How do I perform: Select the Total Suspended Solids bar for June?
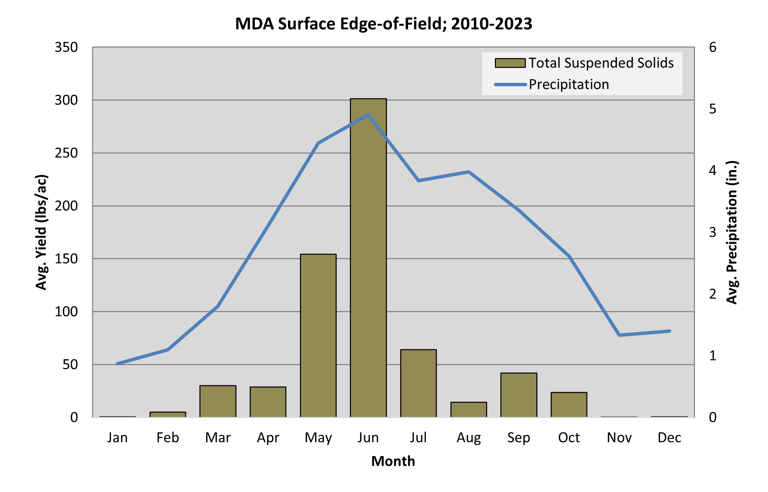click(x=368, y=258)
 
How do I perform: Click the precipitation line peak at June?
click(x=368, y=115)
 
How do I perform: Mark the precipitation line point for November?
click(x=619, y=335)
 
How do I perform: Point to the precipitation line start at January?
click(x=118, y=364)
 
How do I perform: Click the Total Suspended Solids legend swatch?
click(x=510, y=63)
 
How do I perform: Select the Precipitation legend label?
click(x=569, y=84)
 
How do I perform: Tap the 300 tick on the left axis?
click(x=66, y=100)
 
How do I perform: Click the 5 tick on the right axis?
click(x=713, y=109)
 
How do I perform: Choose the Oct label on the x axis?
click(x=569, y=438)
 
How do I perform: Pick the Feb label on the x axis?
click(x=168, y=438)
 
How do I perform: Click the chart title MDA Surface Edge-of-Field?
click(x=383, y=24)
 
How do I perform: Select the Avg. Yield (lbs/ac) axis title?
click(x=41, y=232)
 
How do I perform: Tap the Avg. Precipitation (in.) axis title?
click(x=732, y=232)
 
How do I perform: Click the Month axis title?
click(x=393, y=461)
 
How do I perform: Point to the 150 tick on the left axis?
click(x=66, y=259)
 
